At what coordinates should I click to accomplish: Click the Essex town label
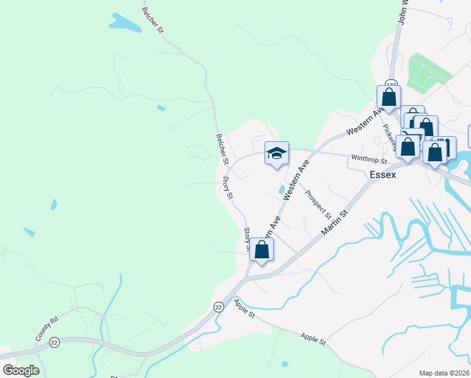tap(383, 175)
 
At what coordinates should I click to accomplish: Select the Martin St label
tap(334, 224)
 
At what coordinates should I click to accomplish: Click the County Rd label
tap(46, 328)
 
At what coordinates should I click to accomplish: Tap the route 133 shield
tap(391, 84)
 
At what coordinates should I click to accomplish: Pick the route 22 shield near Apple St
tap(218, 306)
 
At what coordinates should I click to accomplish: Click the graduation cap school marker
tap(276, 154)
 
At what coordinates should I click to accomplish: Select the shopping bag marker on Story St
tap(261, 249)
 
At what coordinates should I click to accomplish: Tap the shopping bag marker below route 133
tap(389, 98)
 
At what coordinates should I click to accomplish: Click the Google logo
tap(21, 370)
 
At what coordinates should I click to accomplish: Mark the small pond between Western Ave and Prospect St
tap(281, 189)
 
